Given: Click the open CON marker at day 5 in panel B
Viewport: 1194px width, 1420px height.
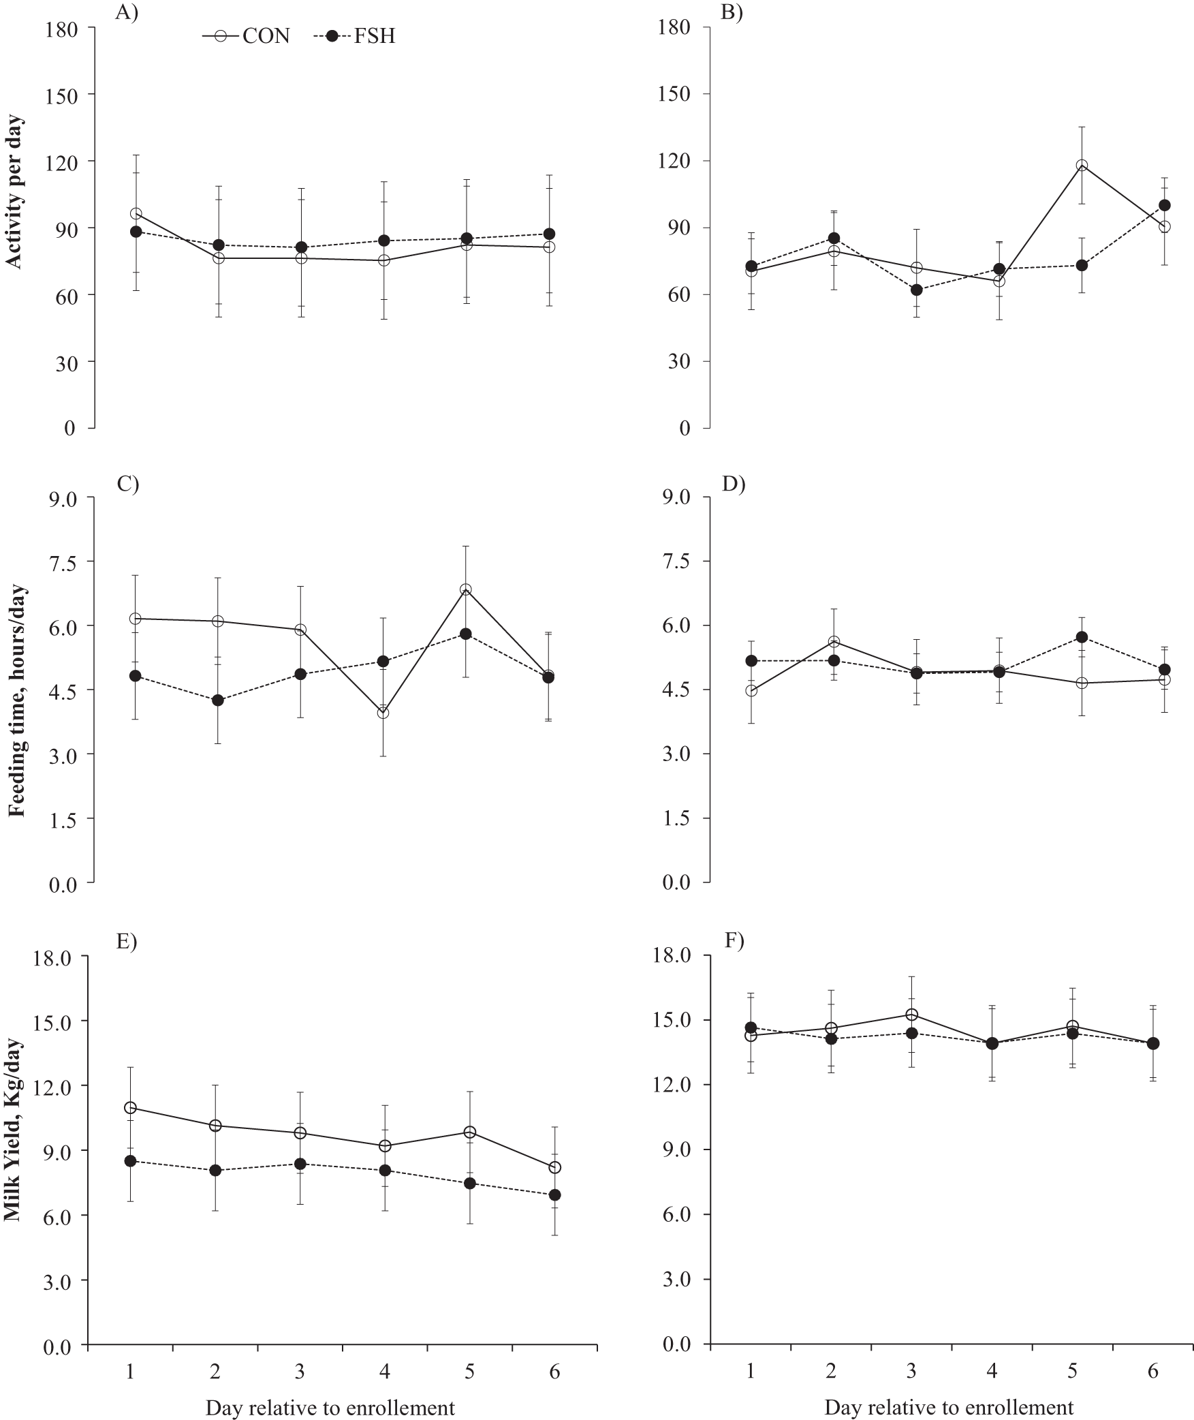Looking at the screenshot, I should (1082, 166).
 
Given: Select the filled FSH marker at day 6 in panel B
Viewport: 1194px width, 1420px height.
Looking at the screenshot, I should (1165, 205).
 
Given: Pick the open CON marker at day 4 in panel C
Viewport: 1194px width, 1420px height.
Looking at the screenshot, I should (383, 713).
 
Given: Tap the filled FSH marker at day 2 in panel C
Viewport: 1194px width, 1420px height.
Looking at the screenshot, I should (218, 700).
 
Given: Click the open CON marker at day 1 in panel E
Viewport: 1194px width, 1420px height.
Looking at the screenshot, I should (131, 1107).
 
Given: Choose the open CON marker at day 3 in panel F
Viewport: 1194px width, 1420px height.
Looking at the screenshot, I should (911, 1015).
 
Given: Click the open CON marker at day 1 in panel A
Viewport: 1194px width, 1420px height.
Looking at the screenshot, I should (136, 213).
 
